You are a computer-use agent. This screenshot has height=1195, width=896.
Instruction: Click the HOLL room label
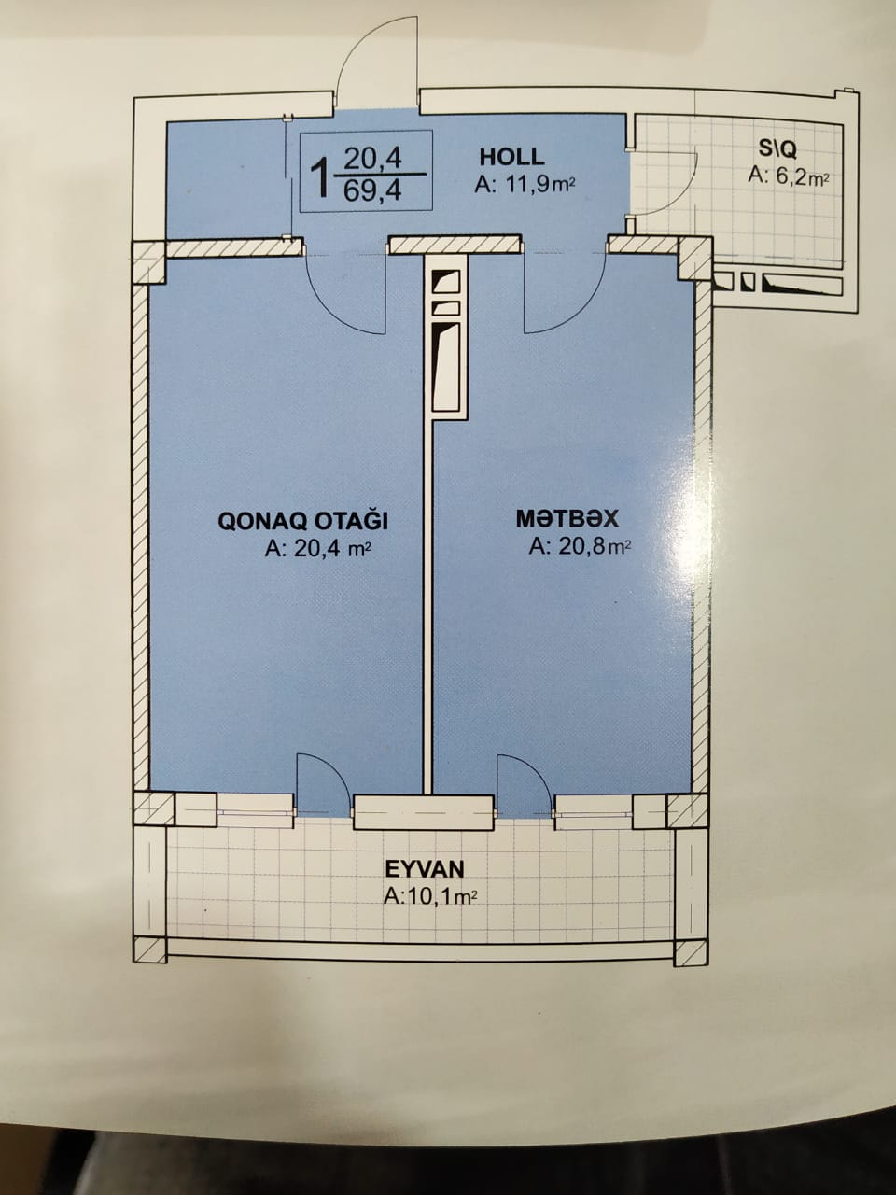[511, 157]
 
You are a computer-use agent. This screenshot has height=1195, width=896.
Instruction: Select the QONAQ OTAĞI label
[302, 522]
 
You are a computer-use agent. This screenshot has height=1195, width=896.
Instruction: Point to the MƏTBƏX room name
[567, 518]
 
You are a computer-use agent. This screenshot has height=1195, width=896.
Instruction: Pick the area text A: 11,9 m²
[525, 186]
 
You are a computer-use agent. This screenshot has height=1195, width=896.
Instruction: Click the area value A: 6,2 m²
[789, 176]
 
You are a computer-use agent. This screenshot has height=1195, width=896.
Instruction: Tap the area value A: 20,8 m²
[580, 545]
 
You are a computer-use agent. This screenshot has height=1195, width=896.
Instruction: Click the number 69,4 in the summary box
[372, 191]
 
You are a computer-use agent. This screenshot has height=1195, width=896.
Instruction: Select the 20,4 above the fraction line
[372, 159]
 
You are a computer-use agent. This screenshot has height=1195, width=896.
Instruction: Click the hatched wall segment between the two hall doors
[455, 245]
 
